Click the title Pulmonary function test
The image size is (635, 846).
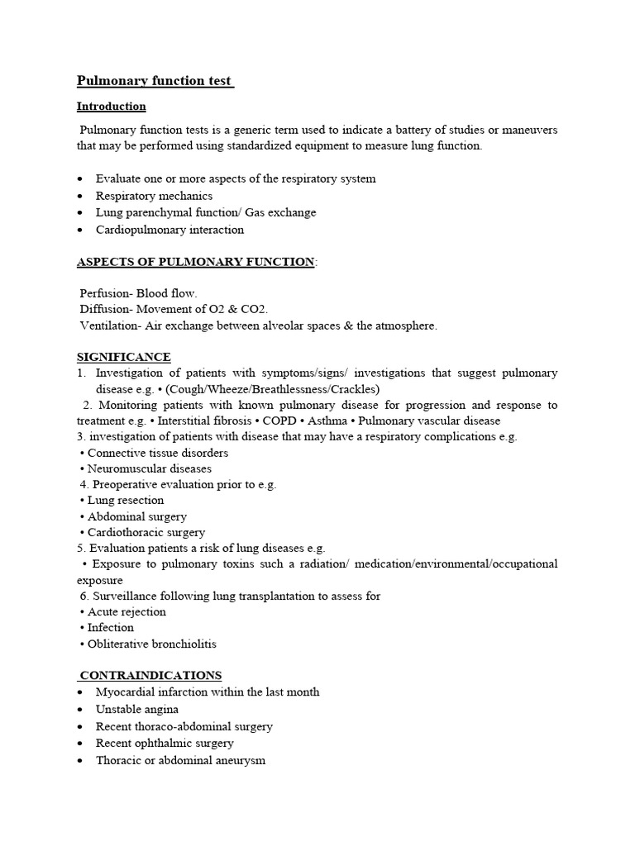click(155, 81)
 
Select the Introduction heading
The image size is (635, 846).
click(112, 107)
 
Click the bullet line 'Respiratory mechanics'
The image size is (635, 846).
click(154, 196)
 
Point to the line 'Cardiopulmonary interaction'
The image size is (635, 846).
click(169, 230)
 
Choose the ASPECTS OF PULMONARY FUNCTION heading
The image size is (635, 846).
click(195, 262)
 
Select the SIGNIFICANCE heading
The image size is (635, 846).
click(124, 357)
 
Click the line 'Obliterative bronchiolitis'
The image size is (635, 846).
click(151, 644)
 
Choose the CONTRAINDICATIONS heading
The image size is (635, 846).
click(150, 675)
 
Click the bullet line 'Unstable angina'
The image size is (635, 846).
click(136, 709)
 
